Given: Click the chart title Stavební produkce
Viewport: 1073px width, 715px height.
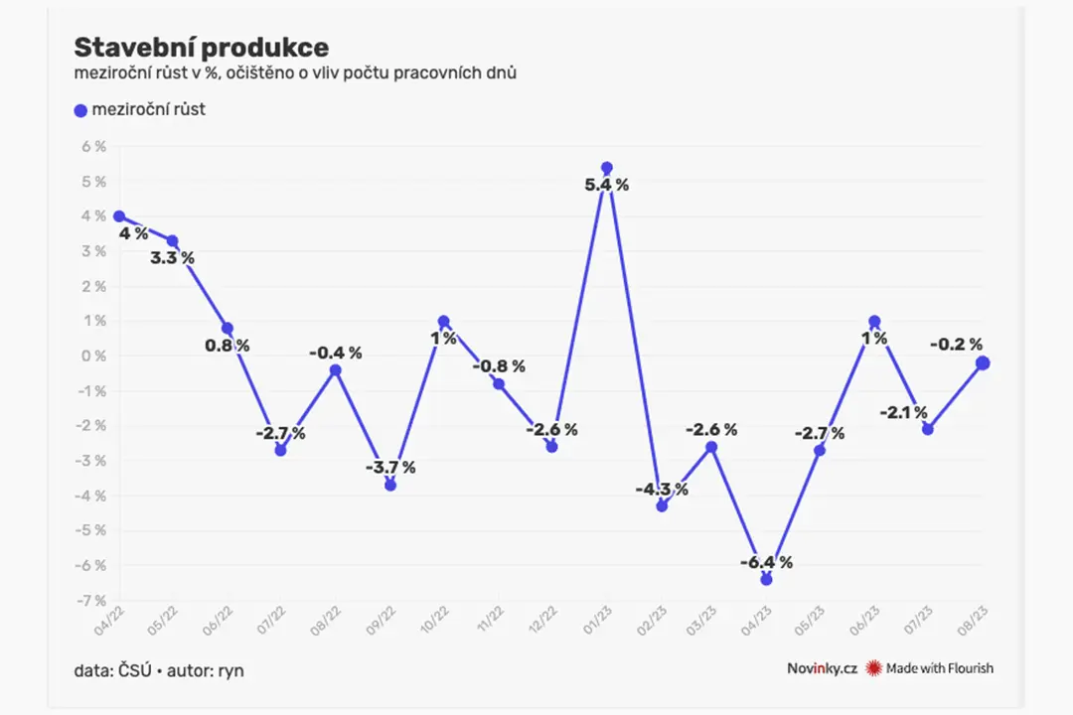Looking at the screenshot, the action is (201, 48).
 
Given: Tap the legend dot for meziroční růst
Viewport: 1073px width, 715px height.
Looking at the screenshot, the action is (80, 110).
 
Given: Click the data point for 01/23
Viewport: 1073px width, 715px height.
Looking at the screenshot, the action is (606, 168).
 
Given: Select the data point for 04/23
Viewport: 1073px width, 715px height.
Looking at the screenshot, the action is (766, 580).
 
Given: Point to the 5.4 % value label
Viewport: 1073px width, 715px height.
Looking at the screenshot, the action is (606, 185).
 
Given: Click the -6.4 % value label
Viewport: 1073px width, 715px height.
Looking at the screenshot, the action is (766, 562).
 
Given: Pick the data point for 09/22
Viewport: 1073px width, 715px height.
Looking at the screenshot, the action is (390, 485).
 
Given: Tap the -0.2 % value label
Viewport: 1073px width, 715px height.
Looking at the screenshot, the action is (956, 345).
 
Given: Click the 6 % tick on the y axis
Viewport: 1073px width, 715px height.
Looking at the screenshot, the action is (94, 146).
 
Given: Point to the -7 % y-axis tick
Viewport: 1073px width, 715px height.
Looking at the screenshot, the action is (91, 601).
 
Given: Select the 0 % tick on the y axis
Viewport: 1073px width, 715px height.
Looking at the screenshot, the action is (94, 356).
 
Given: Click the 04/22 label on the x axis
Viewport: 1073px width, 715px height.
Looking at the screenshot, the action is (109, 621).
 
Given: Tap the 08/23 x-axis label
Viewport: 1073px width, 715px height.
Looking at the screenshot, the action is (973, 621).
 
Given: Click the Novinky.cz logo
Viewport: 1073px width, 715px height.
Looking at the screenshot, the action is (822, 668).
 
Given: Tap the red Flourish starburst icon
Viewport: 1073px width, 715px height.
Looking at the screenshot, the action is (874, 668).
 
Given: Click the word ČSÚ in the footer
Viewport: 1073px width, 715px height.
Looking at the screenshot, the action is (135, 670).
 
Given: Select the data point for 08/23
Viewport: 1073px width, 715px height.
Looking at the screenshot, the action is (983, 363).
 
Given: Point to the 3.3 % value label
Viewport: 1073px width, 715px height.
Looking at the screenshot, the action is (173, 258).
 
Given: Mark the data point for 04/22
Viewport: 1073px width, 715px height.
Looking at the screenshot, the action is (119, 216).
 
